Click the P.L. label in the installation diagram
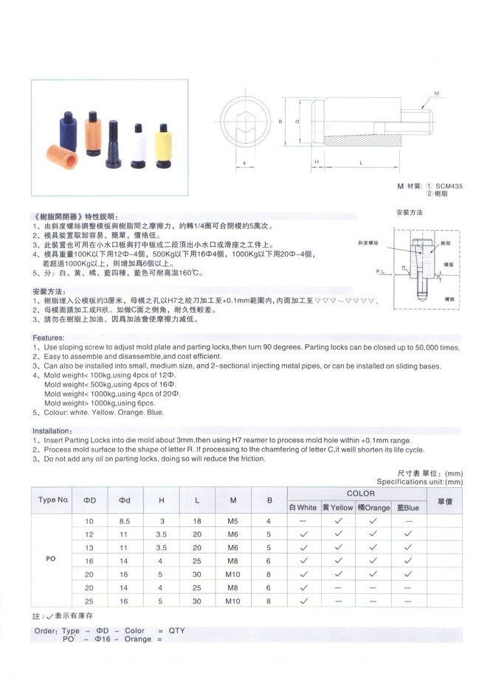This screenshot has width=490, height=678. pos(381,272)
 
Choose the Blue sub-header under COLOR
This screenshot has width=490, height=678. pos(407,508)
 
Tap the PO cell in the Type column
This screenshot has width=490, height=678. pos(52,559)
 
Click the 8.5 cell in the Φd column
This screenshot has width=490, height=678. pos(124,521)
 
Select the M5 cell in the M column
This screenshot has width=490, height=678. pos(233,521)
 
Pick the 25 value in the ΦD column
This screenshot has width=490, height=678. pos(89,601)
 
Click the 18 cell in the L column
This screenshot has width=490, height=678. pos(197,521)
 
